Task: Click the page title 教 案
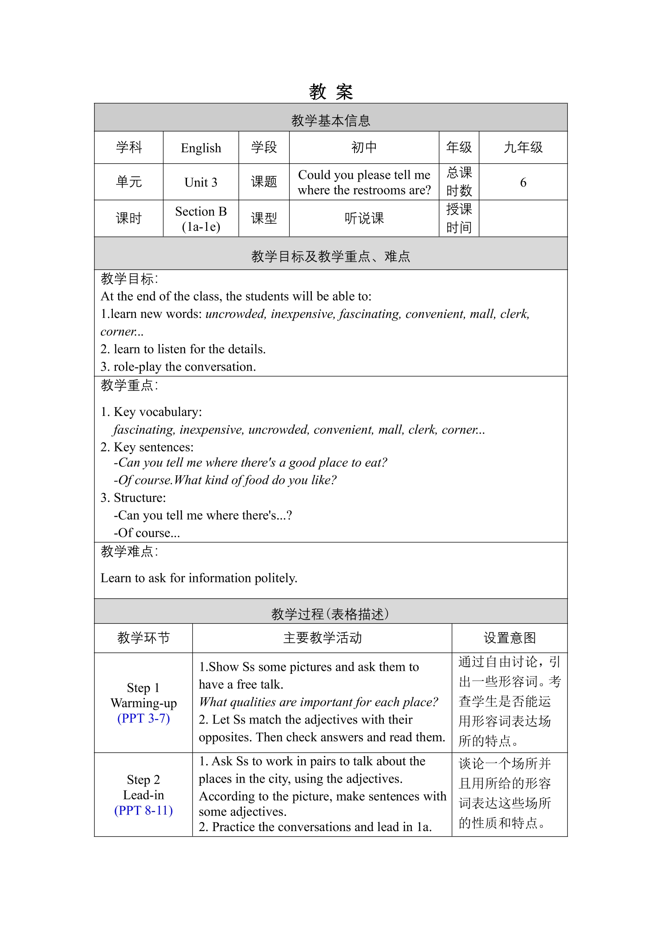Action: point(330,92)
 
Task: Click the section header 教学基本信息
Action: point(330,120)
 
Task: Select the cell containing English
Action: point(201,148)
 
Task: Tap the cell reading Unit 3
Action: point(201,182)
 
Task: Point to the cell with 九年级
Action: point(523,147)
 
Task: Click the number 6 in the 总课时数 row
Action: point(523,182)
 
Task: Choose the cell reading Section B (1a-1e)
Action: point(201,219)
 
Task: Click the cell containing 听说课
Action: point(364,218)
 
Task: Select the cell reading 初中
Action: point(364,147)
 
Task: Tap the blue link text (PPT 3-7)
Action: point(143,718)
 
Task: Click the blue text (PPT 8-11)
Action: point(143,810)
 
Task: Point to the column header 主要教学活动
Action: point(322,638)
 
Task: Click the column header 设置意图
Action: point(510,638)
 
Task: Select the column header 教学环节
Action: point(143,638)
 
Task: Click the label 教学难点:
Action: point(129,551)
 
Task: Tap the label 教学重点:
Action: point(129,385)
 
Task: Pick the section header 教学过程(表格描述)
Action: point(330,614)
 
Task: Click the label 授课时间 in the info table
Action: point(459,218)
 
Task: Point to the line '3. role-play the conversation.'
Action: point(178,367)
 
